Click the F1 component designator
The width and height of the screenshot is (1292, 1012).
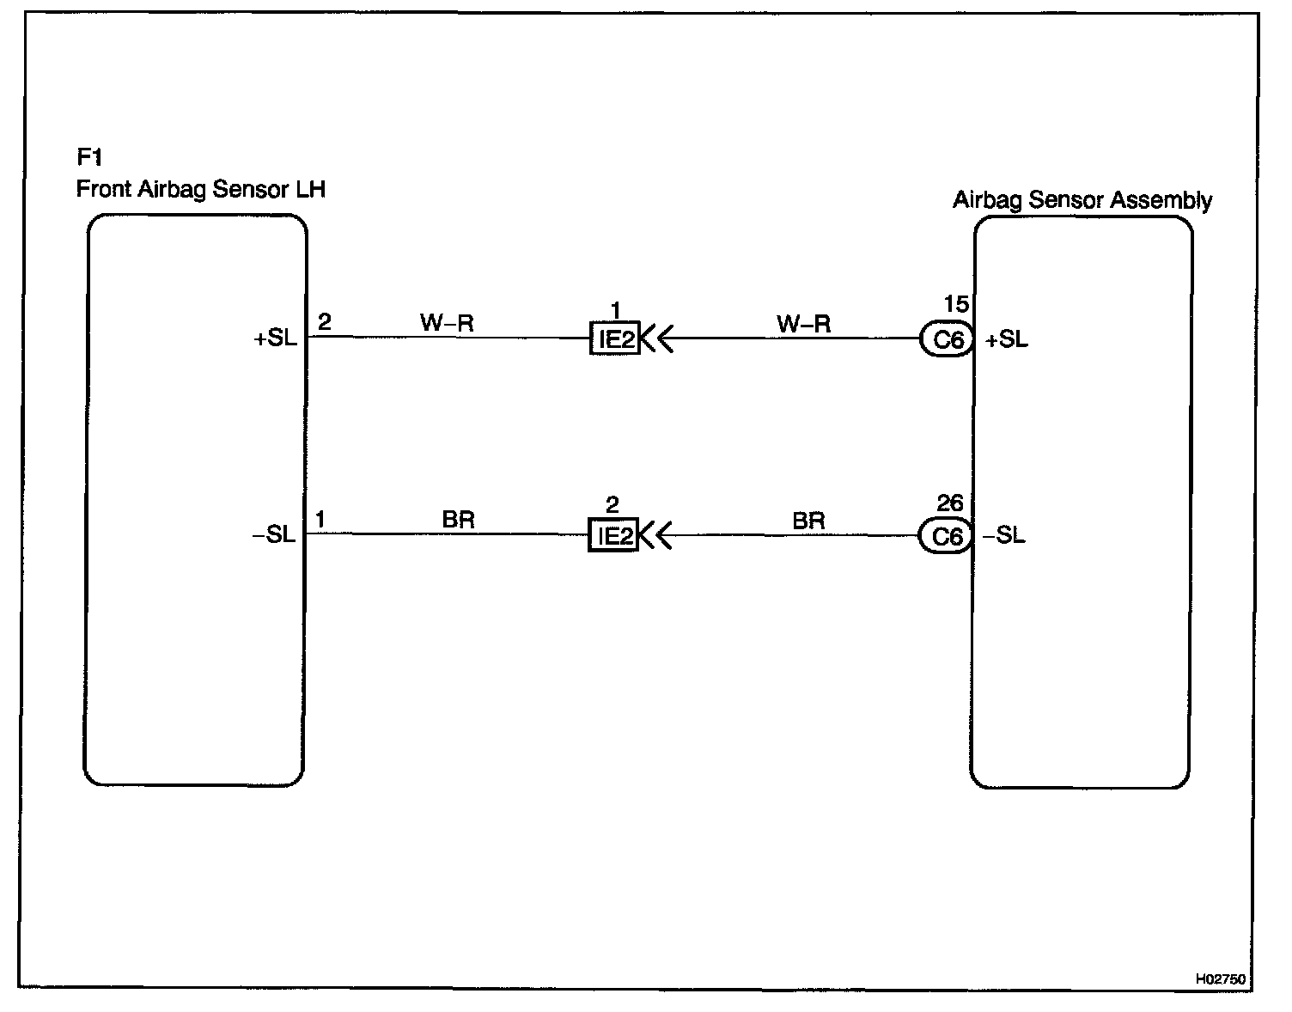[x=89, y=157]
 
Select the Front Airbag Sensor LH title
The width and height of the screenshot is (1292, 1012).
[x=201, y=189]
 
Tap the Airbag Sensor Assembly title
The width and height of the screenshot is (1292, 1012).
[x=1082, y=200]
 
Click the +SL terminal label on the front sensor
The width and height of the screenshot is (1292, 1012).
[x=275, y=338]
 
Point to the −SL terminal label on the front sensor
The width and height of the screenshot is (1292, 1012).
[x=274, y=535]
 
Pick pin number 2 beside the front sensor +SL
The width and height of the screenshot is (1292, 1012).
[x=324, y=322]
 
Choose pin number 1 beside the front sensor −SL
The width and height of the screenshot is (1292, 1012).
[x=320, y=519]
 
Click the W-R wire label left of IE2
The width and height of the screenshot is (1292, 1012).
[x=447, y=323]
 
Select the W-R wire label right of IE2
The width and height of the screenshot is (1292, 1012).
[x=803, y=324]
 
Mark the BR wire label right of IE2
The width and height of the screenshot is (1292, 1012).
[x=808, y=521]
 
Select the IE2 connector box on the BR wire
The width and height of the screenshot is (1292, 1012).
[x=614, y=536]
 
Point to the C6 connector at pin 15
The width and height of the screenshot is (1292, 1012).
[x=947, y=340]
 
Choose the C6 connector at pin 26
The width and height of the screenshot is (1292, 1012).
[x=946, y=537]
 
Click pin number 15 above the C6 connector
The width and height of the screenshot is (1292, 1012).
[x=956, y=304]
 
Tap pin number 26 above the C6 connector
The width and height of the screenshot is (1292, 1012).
[x=950, y=503]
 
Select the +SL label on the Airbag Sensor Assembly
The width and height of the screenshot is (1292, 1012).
[x=1006, y=340]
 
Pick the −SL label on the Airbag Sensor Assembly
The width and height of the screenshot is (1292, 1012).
[x=1004, y=536]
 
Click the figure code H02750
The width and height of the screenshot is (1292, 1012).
[x=1220, y=978]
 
